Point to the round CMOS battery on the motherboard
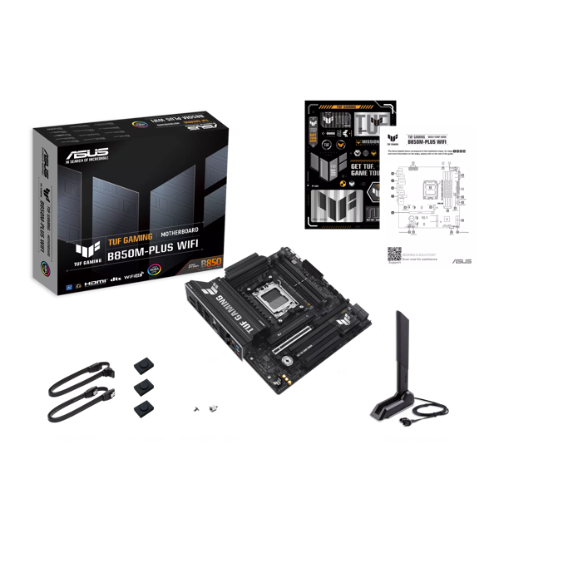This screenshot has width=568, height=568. [x=288, y=358]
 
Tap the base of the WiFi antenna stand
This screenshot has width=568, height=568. [x=389, y=409]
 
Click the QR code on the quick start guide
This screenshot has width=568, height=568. [x=394, y=254]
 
